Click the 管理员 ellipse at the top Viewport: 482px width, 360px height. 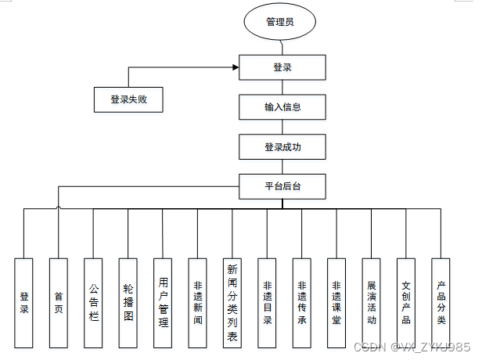click(279, 22)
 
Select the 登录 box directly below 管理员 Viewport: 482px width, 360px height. click(282, 68)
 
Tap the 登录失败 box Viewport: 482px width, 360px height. click(129, 100)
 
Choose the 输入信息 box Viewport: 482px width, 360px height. click(282, 107)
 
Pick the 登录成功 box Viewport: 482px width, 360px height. click(282, 146)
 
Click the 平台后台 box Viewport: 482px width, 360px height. click(282, 185)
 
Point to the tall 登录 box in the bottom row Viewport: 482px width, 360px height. click(24, 302)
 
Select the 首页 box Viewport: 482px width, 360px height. click(59, 302)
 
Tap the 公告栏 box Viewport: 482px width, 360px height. click(94, 302)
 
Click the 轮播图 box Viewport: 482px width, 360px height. click(128, 302)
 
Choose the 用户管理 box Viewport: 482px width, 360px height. click(163, 302)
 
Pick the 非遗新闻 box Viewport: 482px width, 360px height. click(197, 302)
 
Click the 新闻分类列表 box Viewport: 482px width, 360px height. click(232, 302)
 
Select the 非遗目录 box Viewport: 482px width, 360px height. click(268, 302)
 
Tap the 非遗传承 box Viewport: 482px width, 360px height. click(302, 302)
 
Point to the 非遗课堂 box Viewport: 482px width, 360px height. click(336, 302)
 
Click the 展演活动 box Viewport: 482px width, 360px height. click(372, 302)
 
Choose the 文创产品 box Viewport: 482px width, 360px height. click(406, 302)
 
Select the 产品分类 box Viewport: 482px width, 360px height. click(441, 302)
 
